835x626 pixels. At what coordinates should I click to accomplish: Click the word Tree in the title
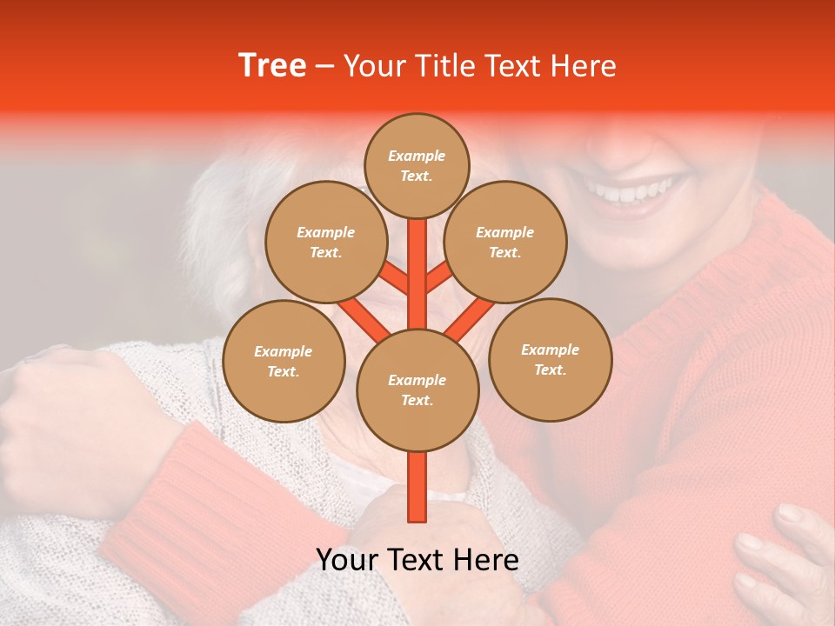pos(272,66)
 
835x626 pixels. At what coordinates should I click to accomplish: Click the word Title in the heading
pos(444,66)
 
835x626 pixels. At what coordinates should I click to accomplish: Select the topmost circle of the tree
pos(417,165)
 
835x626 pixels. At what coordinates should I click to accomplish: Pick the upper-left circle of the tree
pos(325,243)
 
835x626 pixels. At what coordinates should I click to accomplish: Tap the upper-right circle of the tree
pos(504,243)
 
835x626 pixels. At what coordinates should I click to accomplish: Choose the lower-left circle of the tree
pos(284,362)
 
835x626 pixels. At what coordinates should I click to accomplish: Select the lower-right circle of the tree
pos(550,360)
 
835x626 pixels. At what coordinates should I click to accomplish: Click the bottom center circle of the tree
pos(417,390)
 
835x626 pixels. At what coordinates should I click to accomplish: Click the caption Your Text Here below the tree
pos(417,560)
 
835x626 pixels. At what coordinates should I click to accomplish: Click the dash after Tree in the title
pos(324,66)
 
